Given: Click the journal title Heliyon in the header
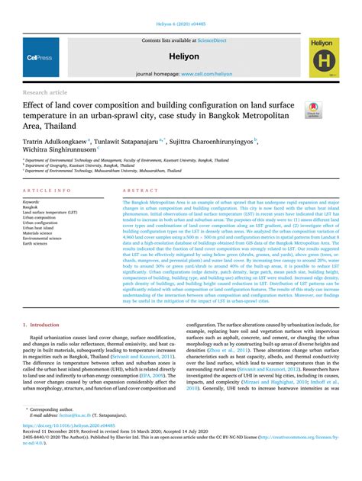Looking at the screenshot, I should click(182, 56).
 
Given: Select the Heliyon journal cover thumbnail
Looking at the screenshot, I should click(323, 57).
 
